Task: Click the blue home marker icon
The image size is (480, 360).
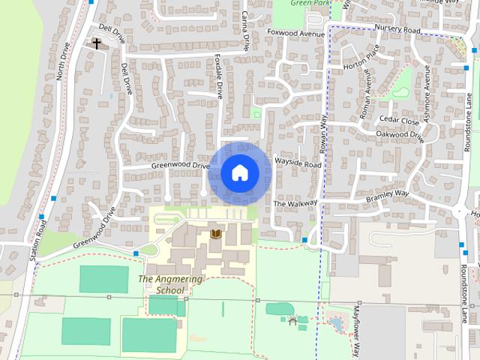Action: (x=239, y=172)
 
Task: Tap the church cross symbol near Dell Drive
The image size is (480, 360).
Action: (x=97, y=44)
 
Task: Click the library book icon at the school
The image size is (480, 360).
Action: (x=216, y=234)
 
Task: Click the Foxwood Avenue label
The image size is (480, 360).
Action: (x=296, y=33)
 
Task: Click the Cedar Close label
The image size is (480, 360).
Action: (x=398, y=120)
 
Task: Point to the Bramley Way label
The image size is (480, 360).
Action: (x=387, y=196)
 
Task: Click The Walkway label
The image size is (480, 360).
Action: (x=295, y=203)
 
